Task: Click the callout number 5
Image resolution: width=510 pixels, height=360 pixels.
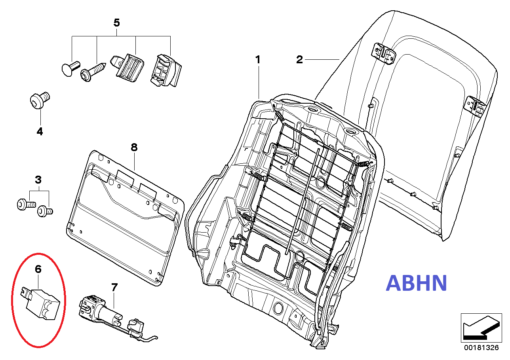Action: coord(116,23)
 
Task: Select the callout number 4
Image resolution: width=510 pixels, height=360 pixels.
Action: coord(40,132)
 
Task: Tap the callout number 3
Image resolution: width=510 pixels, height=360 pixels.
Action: coord(38,180)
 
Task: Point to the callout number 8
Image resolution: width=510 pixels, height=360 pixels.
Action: coord(134,148)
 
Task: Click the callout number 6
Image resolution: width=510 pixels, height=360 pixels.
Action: coord(38,269)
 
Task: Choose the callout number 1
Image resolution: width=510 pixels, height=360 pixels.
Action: coord(258,60)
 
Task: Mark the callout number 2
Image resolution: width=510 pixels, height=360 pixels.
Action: coord(300,60)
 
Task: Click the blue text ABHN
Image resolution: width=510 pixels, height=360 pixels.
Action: coord(417,283)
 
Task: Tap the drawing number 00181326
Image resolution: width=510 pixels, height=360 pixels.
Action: coord(481,348)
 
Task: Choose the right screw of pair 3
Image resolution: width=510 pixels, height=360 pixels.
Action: coord(44,212)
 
